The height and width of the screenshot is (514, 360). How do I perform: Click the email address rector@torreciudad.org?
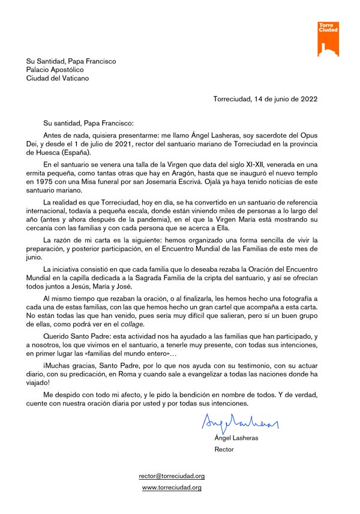(x=172, y=476)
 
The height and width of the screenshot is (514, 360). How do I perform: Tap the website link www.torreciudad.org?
(x=172, y=488)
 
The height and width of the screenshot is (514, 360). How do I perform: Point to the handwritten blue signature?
(x=241, y=423)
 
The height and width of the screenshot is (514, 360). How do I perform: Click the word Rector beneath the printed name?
(x=224, y=449)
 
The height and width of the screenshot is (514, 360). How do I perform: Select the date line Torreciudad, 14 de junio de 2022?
(x=265, y=99)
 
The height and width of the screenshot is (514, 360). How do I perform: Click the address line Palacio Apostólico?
(x=55, y=70)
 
